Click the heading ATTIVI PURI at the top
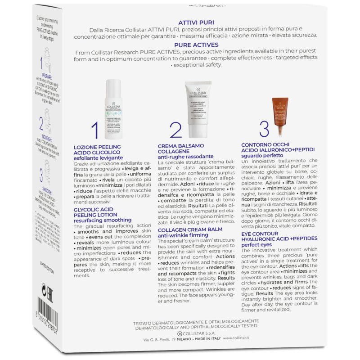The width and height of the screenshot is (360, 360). [196, 22]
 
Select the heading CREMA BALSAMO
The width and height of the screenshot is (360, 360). [180, 146]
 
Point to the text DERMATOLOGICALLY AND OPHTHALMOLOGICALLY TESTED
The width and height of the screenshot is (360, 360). [196, 328]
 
